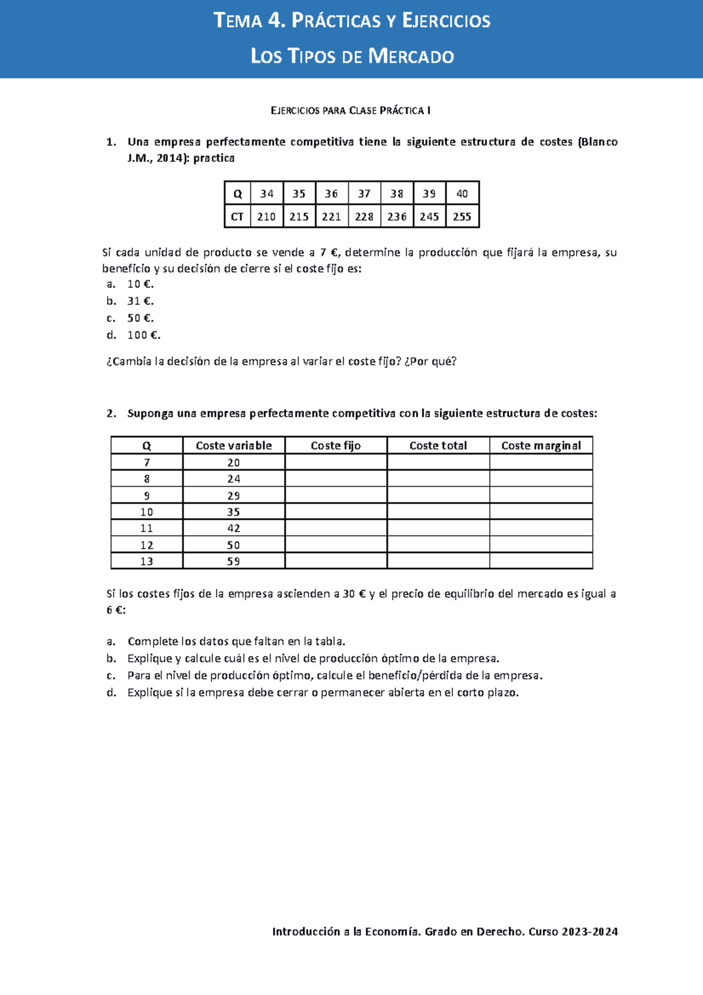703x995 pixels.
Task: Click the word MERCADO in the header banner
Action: click(x=411, y=56)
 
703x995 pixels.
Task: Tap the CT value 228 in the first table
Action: click(x=364, y=217)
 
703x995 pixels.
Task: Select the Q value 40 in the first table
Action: click(x=462, y=193)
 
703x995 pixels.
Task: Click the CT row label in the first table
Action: click(x=237, y=217)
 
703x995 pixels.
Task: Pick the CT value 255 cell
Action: click(x=462, y=217)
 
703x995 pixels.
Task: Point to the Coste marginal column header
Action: click(x=541, y=445)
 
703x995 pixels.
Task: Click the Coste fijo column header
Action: click(x=336, y=445)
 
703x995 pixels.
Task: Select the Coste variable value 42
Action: click(x=234, y=528)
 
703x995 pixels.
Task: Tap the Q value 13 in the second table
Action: click(x=146, y=561)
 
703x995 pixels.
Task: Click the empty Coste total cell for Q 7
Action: click(x=438, y=462)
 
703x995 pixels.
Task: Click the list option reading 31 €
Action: click(x=140, y=301)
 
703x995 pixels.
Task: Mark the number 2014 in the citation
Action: click(x=170, y=158)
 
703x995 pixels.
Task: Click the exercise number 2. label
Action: click(x=111, y=413)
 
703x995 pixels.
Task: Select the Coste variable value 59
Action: click(x=234, y=561)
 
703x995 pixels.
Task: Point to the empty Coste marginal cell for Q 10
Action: click(x=541, y=512)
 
